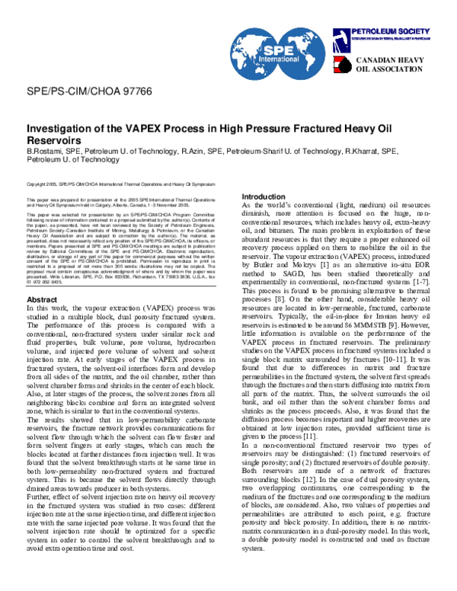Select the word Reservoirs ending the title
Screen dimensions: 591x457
pos(54,141)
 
